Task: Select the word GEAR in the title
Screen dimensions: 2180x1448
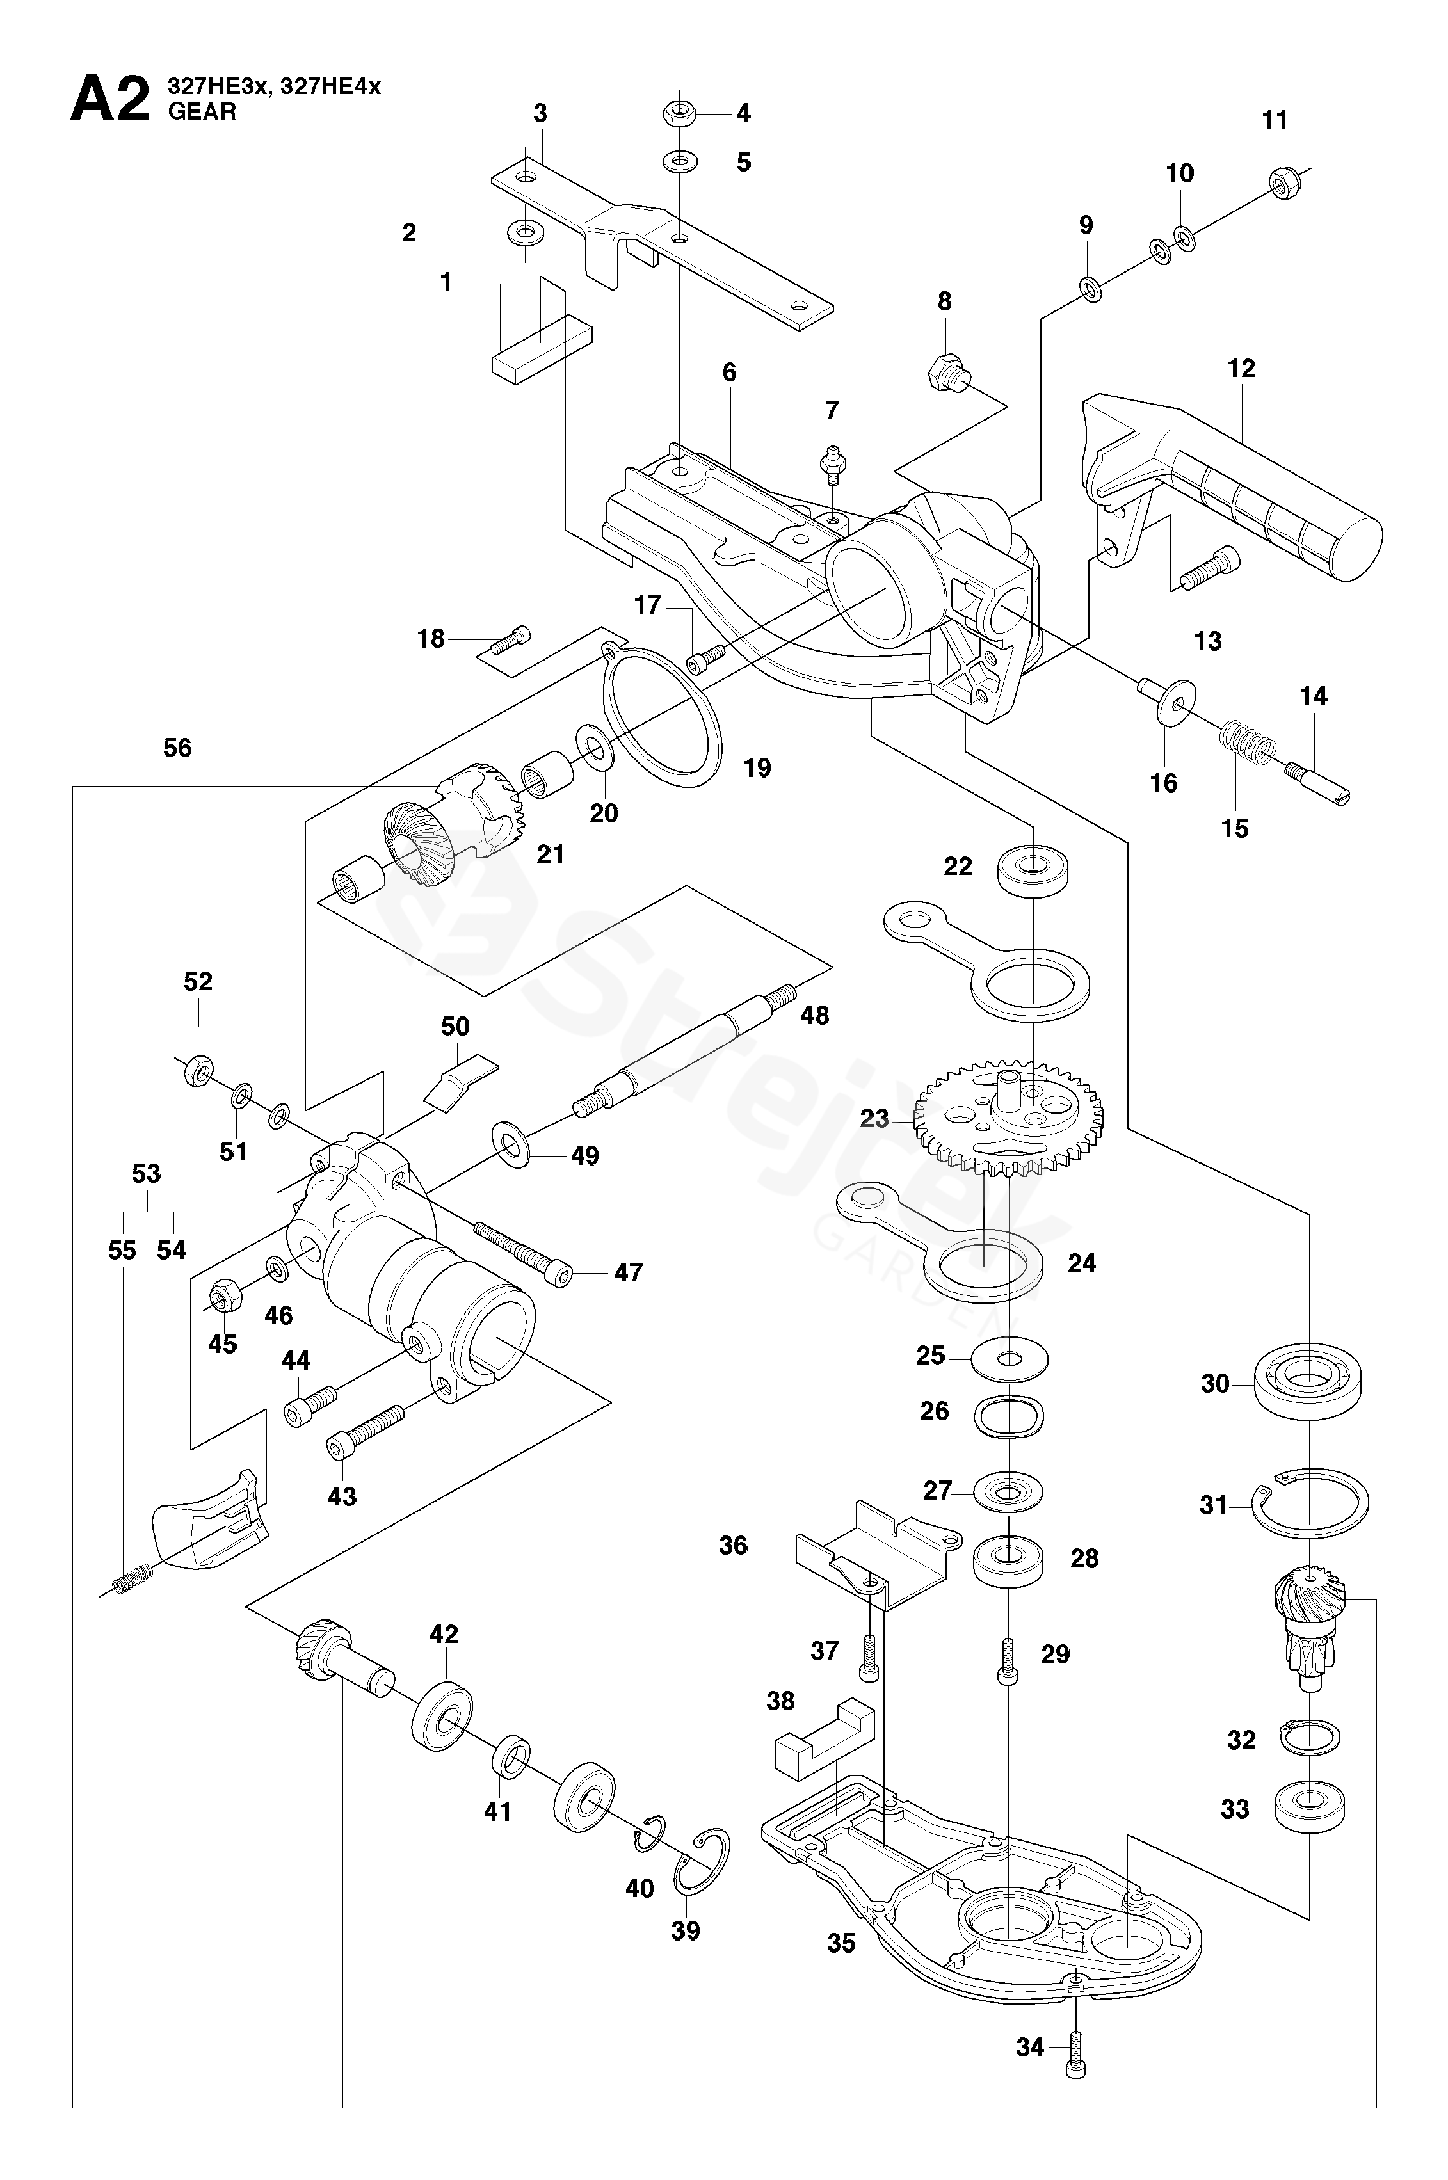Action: point(201,112)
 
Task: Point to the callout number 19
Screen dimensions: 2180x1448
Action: point(757,768)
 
